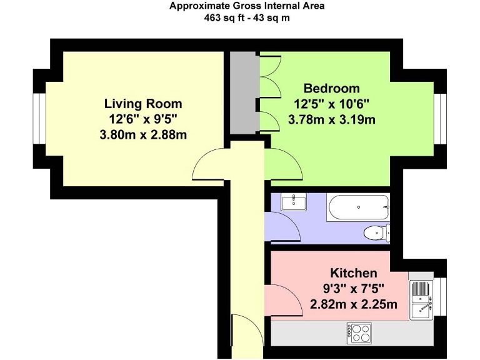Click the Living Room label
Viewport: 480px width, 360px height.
143,104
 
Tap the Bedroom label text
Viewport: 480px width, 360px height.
331,89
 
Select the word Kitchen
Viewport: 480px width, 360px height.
354,272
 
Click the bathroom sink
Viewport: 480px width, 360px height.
294,202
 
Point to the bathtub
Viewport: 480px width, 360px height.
358,207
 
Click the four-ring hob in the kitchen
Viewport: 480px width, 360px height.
359,333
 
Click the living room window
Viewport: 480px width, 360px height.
39,119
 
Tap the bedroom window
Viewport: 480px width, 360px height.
440,119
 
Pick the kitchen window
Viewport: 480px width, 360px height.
440,297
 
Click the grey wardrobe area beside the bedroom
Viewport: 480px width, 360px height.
243,92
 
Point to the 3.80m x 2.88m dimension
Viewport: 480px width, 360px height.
143,135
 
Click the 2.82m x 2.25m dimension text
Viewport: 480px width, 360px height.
354,304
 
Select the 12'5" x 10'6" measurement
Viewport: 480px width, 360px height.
331,104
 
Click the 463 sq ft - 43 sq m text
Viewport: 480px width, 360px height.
247,18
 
